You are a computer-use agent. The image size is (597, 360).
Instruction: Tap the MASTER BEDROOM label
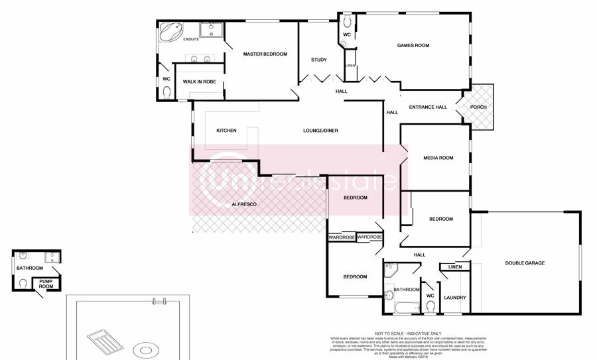[265, 54]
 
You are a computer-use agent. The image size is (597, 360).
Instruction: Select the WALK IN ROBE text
[200, 82]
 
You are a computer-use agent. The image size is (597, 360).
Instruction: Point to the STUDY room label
[318, 60]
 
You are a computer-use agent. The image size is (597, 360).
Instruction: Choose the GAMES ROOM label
[413, 46]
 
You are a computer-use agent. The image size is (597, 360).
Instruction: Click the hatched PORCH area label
[478, 107]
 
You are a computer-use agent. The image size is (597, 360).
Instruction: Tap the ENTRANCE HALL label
[428, 107]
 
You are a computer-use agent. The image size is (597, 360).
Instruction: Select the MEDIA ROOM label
[438, 158]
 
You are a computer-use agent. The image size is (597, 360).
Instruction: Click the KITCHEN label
[226, 131]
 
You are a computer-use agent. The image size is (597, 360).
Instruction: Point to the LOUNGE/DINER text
[320, 131]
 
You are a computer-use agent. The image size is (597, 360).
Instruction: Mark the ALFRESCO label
[243, 205]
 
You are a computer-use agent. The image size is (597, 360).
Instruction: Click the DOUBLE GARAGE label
[524, 263]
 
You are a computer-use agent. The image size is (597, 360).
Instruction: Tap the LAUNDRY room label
[455, 298]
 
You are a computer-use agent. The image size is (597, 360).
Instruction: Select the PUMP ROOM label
[46, 284]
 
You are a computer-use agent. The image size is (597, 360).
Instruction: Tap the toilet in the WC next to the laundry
[430, 306]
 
